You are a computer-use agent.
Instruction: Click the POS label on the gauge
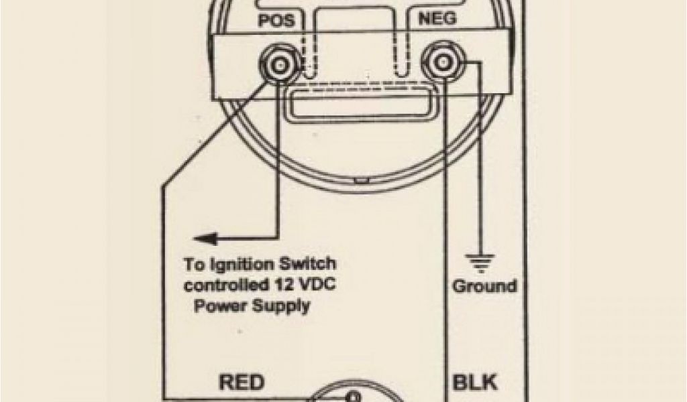276,20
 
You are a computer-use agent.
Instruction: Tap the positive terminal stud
278,65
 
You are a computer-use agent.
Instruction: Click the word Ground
484,286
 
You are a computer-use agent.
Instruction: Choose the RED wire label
241,383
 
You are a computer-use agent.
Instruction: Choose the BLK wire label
475,383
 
